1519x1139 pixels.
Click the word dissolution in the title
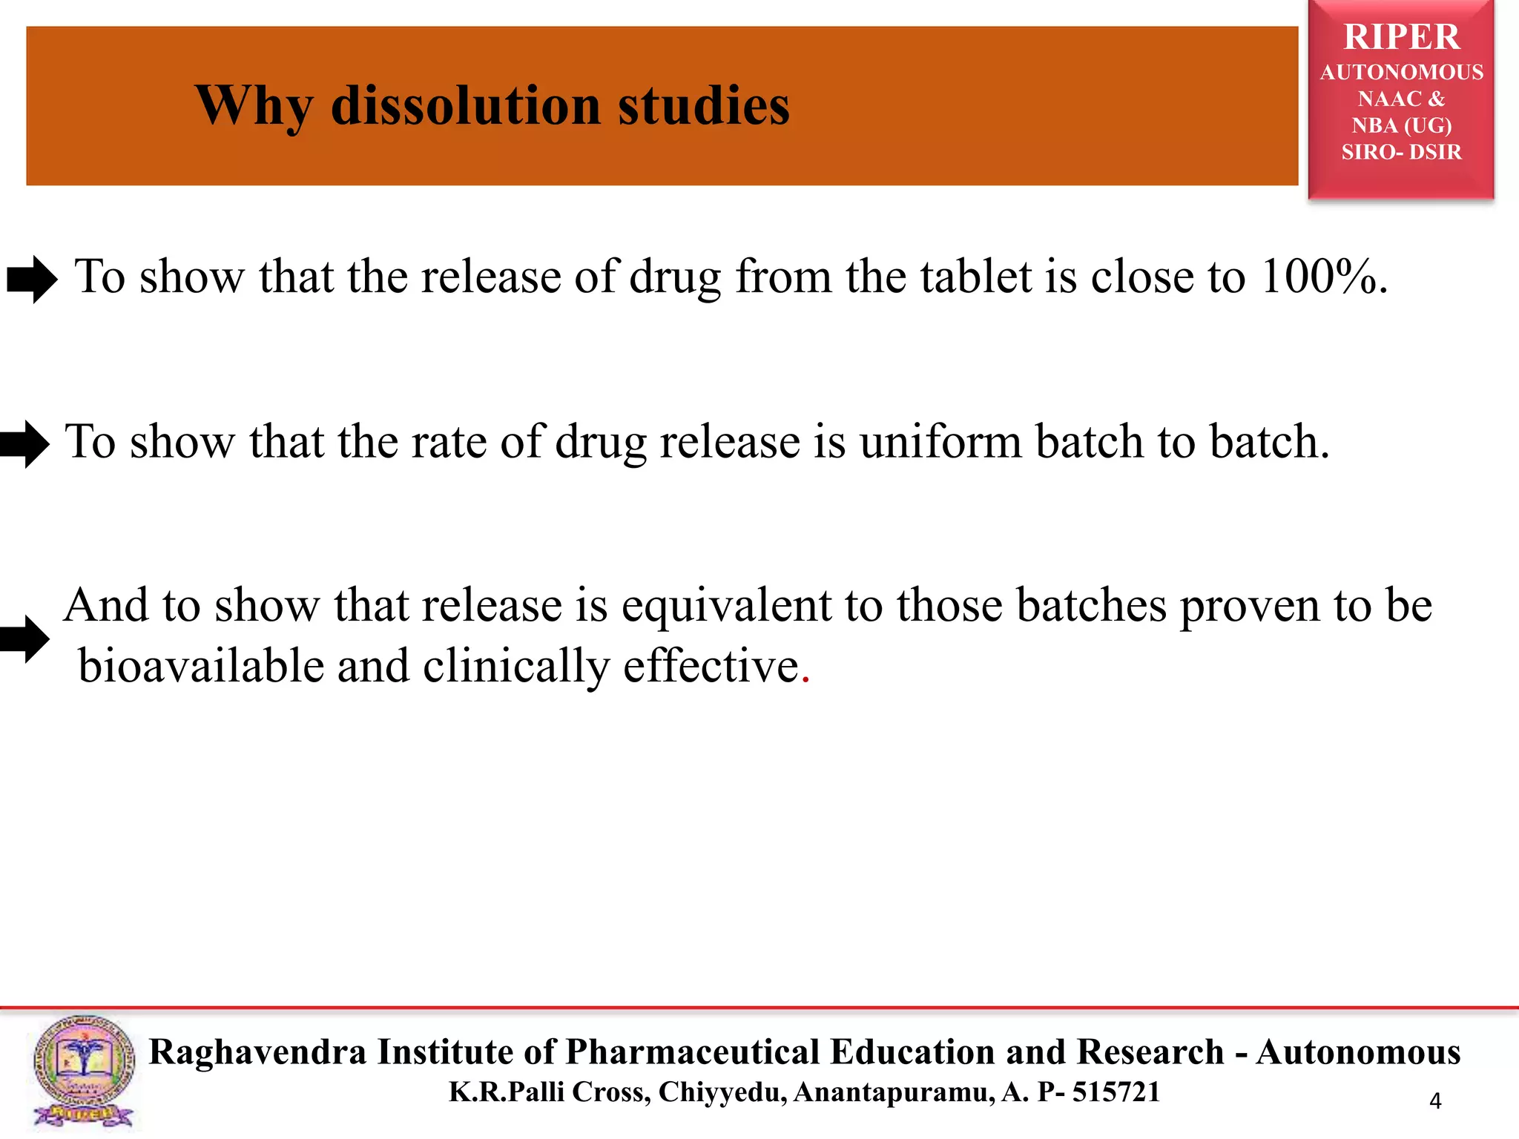[x=466, y=105]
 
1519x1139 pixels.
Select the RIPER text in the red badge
[x=1401, y=37]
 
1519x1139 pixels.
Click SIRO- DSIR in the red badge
[x=1401, y=152]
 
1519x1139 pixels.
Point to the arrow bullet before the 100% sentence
[x=32, y=280]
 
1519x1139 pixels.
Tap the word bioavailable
[x=201, y=665]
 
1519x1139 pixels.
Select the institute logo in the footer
[x=83, y=1072]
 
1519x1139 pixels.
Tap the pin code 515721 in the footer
[x=1116, y=1092]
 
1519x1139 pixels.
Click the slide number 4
[x=1435, y=1101]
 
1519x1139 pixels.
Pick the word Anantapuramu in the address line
[x=894, y=1092]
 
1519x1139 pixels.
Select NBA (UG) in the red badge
[x=1401, y=125]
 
